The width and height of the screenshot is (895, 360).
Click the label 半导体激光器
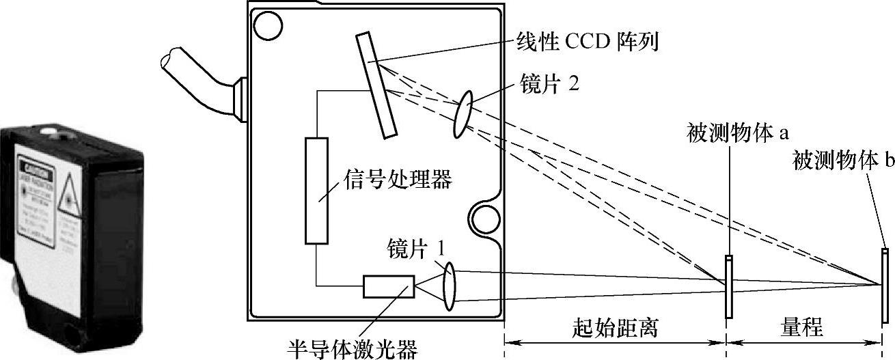click(353, 349)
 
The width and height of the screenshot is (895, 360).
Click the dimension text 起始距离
click(615, 329)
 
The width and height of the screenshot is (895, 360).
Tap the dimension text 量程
click(802, 329)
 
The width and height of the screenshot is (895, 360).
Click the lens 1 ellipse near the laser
click(448, 286)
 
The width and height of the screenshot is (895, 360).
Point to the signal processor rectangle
click(317, 191)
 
